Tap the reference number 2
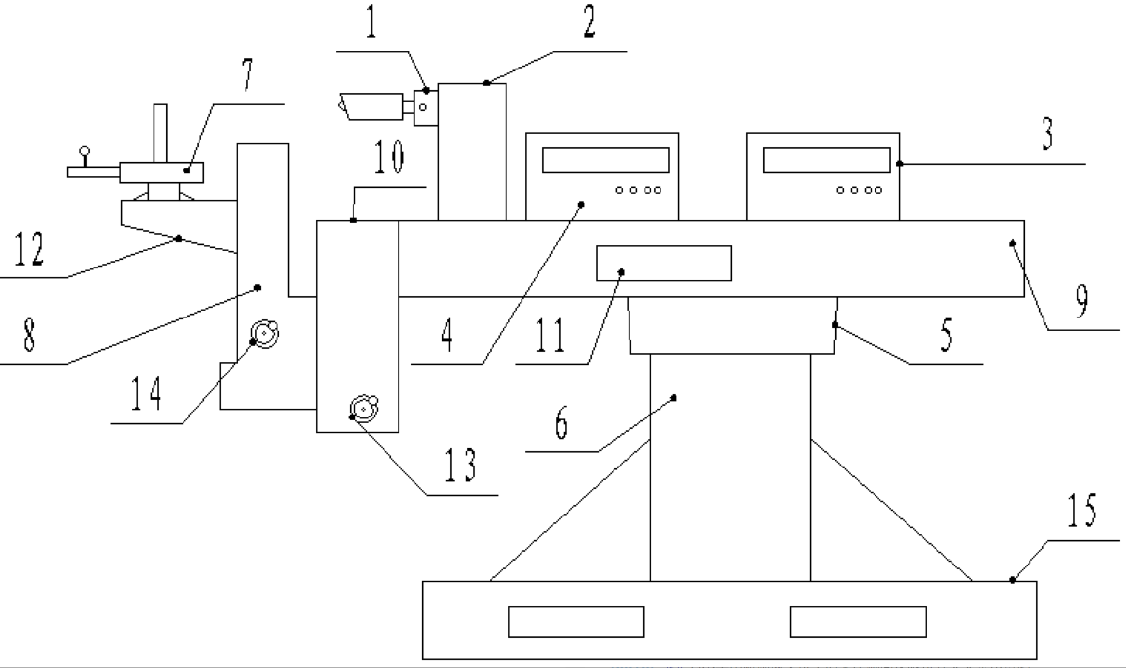click(x=589, y=22)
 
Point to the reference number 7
click(x=247, y=75)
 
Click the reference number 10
click(x=389, y=157)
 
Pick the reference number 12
click(x=29, y=250)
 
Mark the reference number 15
click(x=1081, y=510)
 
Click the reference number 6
click(x=561, y=423)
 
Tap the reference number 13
click(x=460, y=465)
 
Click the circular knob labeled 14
click(x=265, y=333)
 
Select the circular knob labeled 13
click(x=364, y=409)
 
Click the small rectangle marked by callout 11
click(x=664, y=263)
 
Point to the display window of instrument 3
click(x=826, y=160)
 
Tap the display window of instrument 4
click(x=606, y=160)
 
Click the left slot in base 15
click(x=576, y=622)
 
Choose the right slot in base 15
click(x=858, y=622)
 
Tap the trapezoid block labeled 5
click(x=732, y=325)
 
